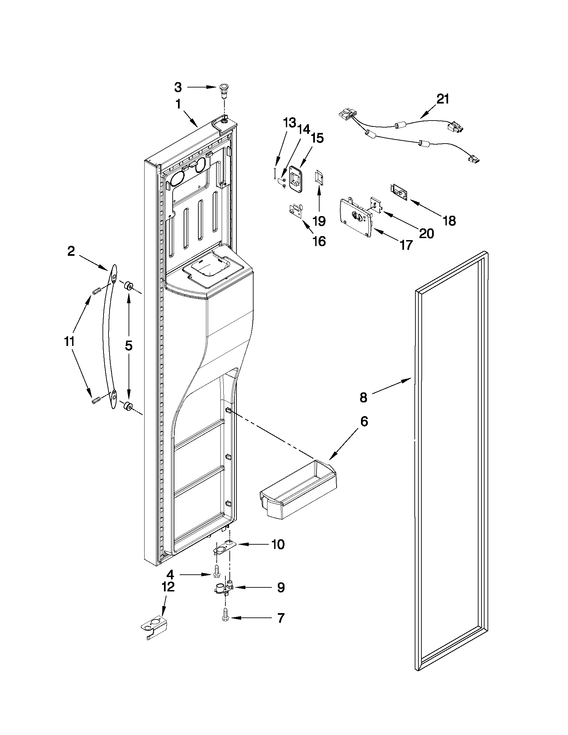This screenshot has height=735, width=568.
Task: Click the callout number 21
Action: pos(442,99)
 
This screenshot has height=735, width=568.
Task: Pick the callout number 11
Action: pos(69,342)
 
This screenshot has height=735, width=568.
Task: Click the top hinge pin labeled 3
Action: pos(223,91)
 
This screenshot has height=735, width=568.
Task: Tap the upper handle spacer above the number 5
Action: pos(128,287)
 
